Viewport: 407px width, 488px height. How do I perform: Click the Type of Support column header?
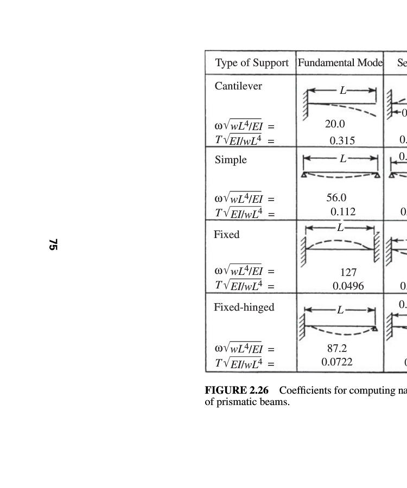(252, 63)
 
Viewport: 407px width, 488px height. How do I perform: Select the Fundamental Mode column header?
(340, 63)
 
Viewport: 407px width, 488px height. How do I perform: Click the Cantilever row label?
(238, 86)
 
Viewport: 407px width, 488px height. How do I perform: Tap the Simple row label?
(231, 160)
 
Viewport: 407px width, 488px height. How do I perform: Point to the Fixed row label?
(226, 235)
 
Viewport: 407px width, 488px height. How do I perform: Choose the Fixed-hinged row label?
(244, 307)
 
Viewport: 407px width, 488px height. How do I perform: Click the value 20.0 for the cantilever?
(335, 124)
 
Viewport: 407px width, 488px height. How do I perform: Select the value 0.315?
(342, 140)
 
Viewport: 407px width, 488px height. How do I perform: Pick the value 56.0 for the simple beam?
(336, 198)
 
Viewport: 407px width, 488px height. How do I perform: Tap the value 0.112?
(343, 212)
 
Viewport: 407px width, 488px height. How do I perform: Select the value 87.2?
(336, 349)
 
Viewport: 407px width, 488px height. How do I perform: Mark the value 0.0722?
(337, 362)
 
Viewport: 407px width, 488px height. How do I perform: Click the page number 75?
(53, 244)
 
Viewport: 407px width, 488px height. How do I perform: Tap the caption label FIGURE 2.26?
(236, 391)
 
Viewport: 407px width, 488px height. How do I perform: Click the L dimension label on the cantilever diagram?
(343, 91)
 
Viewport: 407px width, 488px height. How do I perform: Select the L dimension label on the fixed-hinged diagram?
(340, 310)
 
